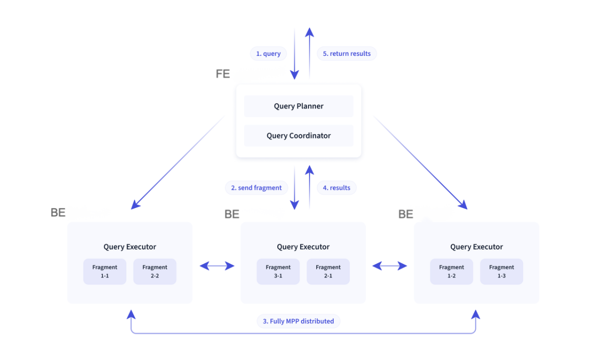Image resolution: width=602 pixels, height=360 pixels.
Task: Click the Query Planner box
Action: coord(298,106)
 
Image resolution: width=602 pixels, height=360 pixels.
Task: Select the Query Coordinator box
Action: coord(298,135)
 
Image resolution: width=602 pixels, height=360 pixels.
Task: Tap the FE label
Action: coord(223,74)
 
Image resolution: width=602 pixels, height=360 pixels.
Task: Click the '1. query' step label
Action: coord(268,53)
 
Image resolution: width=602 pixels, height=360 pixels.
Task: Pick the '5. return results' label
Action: coord(346,53)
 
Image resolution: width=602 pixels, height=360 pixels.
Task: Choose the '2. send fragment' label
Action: coord(256,188)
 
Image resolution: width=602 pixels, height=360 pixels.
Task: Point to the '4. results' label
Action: coord(336,188)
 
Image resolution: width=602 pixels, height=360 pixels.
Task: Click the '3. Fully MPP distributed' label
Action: coord(298,321)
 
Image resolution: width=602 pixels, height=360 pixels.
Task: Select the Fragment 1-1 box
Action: coord(104,271)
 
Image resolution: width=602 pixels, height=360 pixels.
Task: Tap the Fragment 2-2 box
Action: coord(154,271)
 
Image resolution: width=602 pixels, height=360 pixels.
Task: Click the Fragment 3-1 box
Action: coord(278,271)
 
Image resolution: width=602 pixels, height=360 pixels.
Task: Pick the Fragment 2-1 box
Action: coord(328,271)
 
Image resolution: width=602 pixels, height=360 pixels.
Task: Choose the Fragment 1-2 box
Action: coord(451,271)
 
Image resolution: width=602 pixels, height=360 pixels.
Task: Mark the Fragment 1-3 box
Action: coord(501,271)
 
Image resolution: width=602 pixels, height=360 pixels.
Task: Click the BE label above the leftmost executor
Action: coord(58,212)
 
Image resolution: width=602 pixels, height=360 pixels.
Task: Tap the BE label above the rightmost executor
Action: coord(405,214)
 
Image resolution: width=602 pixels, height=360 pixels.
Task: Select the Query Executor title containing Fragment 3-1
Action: coord(303,247)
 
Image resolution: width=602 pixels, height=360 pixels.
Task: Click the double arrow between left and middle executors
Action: coord(217,266)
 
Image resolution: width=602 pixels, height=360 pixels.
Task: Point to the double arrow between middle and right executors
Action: coord(390,266)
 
